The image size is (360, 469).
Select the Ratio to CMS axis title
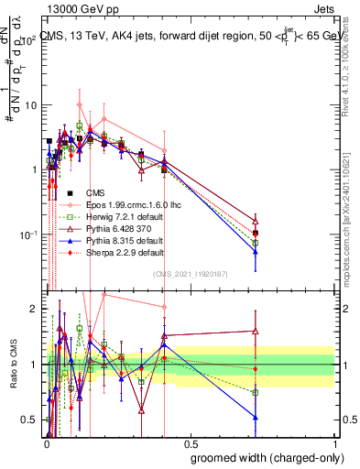(13, 365)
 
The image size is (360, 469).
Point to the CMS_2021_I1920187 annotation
(190, 274)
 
